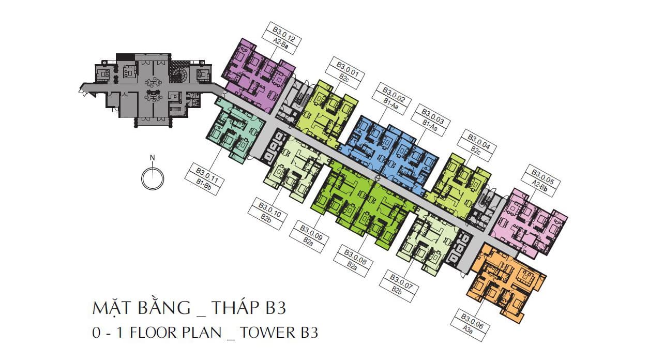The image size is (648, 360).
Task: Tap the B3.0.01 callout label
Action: (x=348, y=69)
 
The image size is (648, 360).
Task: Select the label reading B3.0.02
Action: (x=393, y=95)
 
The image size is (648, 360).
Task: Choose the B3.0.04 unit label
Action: (x=479, y=142)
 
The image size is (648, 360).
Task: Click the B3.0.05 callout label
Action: (x=542, y=177)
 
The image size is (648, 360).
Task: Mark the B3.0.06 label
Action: (x=472, y=321)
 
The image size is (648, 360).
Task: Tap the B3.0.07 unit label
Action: (x=401, y=282)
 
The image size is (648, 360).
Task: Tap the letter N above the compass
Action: (x=153, y=158)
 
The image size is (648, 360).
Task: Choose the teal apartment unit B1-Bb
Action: (x=235, y=131)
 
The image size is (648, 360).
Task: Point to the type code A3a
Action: (x=468, y=329)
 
